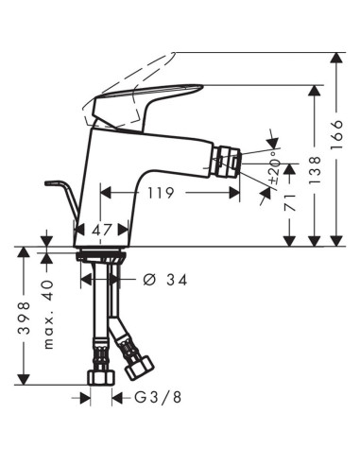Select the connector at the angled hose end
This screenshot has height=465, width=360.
(142, 364)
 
